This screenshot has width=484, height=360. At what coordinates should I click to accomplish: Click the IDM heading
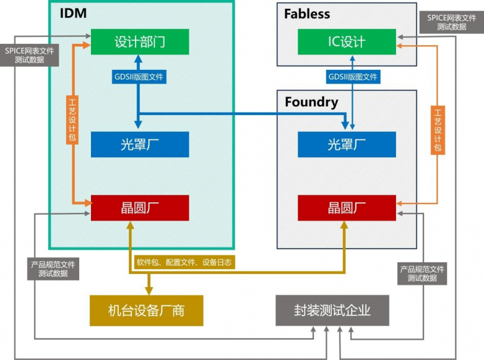73,13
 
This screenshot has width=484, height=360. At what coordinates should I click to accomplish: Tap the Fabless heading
307,14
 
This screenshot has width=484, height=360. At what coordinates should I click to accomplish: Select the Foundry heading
311,101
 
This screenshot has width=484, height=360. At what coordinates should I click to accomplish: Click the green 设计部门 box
140,42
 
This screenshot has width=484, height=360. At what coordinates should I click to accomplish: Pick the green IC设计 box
347,42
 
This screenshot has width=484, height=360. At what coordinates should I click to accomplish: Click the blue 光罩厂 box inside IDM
140,145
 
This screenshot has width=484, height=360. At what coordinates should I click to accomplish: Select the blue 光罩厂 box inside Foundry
347,145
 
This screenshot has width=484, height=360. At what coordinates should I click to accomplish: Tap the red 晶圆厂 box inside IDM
140,208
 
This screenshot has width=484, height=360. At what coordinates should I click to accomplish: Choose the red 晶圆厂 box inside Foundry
347,208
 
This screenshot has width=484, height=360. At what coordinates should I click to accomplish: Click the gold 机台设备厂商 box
146,310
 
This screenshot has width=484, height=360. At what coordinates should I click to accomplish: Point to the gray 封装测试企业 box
332,310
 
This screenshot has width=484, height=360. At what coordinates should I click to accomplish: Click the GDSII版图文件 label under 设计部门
139,77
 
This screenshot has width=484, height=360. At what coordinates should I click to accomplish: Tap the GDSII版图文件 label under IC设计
353,77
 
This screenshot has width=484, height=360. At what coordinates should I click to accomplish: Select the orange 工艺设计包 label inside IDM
72,120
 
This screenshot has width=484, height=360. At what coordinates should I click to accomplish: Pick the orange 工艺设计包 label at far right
438,131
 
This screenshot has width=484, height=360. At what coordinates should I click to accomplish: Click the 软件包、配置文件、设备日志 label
184,262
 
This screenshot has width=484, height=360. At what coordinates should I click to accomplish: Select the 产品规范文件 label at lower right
422,274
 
